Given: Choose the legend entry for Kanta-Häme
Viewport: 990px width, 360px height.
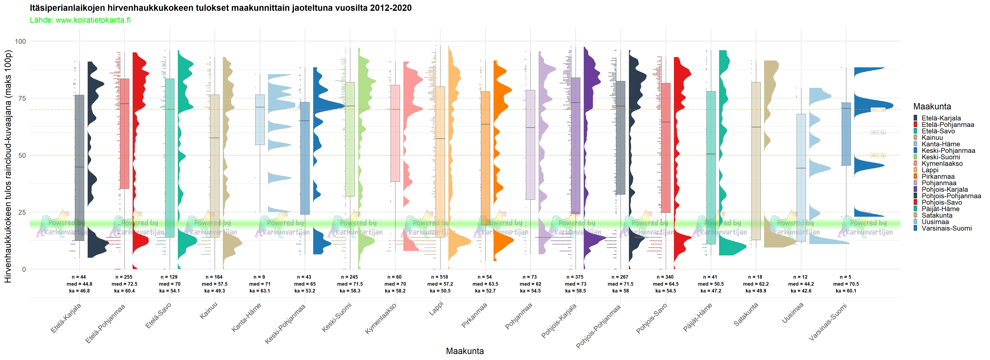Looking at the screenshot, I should click(x=940, y=144).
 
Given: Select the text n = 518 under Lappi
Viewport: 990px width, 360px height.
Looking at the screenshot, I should click(x=439, y=277).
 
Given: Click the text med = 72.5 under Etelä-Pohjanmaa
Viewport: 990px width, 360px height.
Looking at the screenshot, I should click(x=125, y=284).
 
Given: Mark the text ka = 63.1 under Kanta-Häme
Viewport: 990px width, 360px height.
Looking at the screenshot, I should click(x=260, y=291).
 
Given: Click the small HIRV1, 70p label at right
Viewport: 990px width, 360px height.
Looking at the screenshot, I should click(x=878, y=110).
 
